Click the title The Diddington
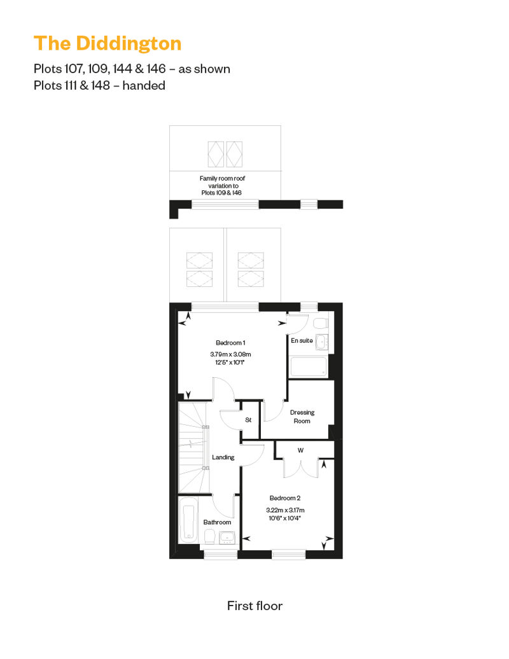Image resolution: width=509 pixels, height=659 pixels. pyautogui.click(x=108, y=44)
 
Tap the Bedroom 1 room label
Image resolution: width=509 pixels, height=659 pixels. pyautogui.click(x=230, y=343)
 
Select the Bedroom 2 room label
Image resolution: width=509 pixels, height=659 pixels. pyautogui.click(x=285, y=498)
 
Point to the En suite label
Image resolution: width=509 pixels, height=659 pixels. pyautogui.click(x=302, y=340)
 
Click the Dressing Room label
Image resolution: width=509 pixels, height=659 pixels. pyautogui.click(x=302, y=417)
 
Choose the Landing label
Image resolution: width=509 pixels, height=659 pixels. pyautogui.click(x=223, y=457)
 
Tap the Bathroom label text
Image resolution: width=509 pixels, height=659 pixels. pyautogui.click(x=218, y=522)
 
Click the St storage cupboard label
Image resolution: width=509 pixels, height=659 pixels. pyautogui.click(x=248, y=420)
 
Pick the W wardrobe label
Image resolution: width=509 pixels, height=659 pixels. pyautogui.click(x=300, y=450)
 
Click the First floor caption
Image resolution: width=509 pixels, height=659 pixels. pyautogui.click(x=254, y=606)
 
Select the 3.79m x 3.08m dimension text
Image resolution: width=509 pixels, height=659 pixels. pyautogui.click(x=230, y=354)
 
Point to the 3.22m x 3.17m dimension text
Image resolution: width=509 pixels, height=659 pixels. pyautogui.click(x=285, y=510)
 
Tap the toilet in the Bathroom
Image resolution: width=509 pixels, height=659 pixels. pyautogui.click(x=209, y=536)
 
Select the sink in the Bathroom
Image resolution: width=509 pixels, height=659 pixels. pyautogui.click(x=227, y=537)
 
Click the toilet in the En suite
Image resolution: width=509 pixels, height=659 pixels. pyautogui.click(x=321, y=323)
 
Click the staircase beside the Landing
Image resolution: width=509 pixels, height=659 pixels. pyautogui.click(x=194, y=447)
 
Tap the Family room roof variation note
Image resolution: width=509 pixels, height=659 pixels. pyautogui.click(x=222, y=185)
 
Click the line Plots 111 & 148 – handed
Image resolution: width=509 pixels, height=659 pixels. pyautogui.click(x=99, y=85)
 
